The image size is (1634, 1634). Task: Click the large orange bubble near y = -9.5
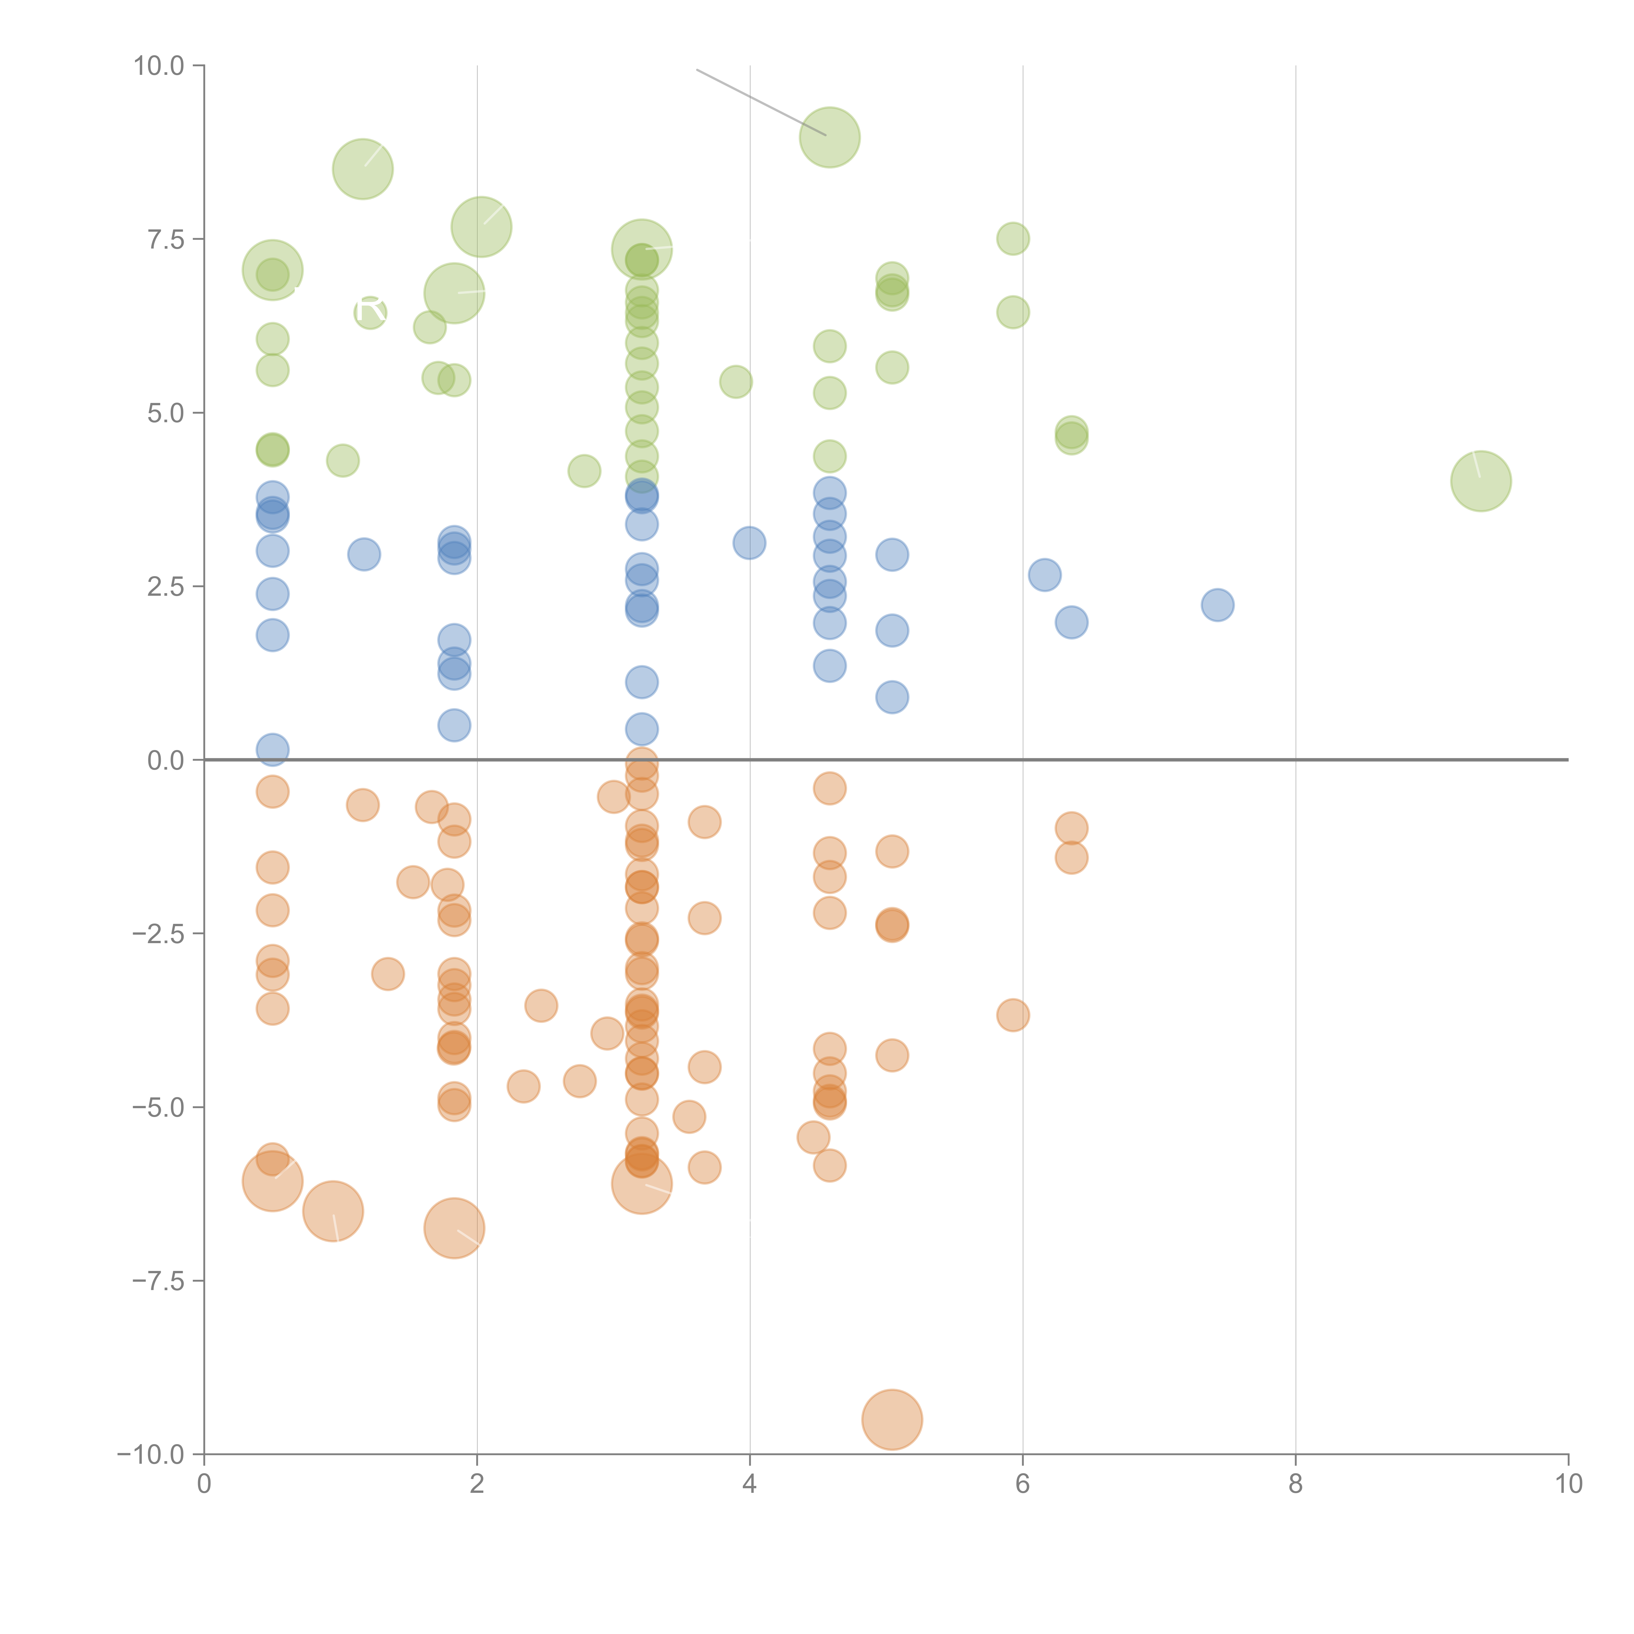[892, 1420]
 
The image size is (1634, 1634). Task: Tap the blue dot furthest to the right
[1217, 605]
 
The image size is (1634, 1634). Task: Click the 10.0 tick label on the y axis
[159, 66]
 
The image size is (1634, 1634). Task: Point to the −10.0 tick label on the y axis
[151, 1455]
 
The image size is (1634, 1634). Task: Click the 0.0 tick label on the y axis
[166, 760]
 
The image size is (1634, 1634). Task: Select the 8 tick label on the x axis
[1296, 1484]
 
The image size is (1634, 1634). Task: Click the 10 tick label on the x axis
[1568, 1484]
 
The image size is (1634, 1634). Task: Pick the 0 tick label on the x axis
[204, 1484]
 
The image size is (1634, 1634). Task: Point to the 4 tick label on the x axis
[749, 1484]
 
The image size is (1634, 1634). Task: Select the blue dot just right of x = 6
[1044, 575]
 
